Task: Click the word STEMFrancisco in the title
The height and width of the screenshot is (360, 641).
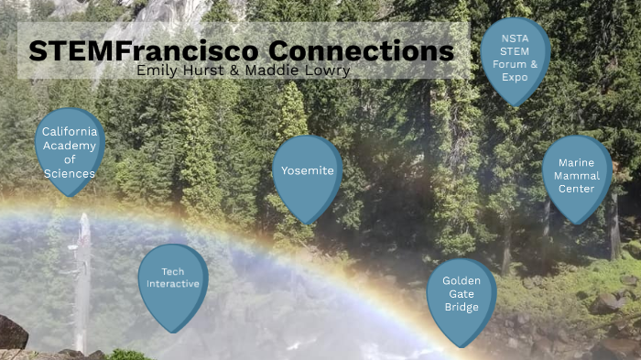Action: [132, 49]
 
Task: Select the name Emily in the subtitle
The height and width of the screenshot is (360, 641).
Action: [155, 70]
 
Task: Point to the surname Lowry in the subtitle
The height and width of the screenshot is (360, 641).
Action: [327, 70]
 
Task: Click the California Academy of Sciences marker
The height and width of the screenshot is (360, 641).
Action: [70, 151]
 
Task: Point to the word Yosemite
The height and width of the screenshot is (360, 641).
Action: [307, 170]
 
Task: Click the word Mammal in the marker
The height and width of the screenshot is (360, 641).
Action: [576, 176]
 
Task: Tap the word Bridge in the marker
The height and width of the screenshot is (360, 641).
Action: [462, 307]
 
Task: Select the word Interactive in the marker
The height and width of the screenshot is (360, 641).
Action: [172, 284]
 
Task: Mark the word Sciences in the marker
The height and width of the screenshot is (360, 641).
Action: [70, 173]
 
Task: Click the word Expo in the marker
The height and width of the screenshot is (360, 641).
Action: [515, 76]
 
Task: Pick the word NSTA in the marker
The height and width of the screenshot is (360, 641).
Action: [515, 38]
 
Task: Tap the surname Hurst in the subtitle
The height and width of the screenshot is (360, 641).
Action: [196, 70]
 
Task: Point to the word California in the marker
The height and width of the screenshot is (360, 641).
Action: [70, 132]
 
